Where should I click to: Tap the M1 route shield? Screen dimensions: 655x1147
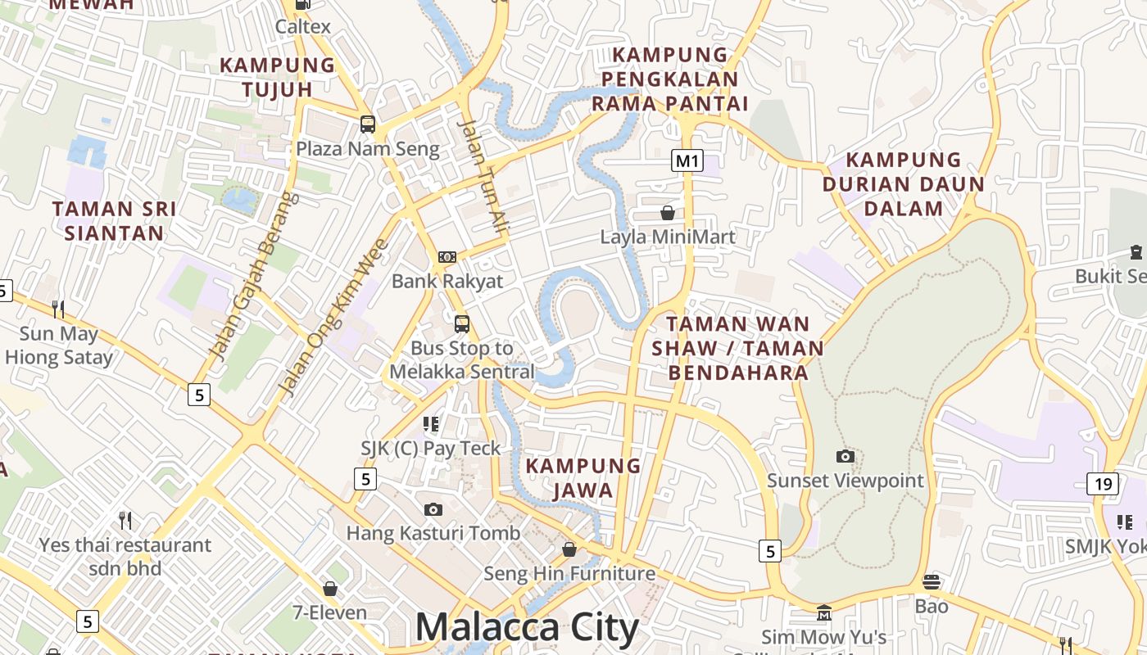(x=687, y=160)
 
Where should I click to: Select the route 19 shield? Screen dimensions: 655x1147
(x=1103, y=484)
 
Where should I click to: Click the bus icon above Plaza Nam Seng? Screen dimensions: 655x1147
(x=368, y=124)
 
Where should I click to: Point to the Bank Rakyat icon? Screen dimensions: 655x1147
(x=447, y=257)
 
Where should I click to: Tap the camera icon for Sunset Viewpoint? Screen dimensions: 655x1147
(x=845, y=456)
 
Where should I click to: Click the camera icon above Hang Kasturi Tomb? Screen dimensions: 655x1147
(x=433, y=509)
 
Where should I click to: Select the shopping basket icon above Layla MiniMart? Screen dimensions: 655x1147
(x=668, y=213)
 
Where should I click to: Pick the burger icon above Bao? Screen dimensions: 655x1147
(x=932, y=582)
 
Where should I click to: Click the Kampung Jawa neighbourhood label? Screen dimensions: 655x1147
(x=583, y=477)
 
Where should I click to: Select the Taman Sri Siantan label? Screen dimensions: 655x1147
(x=114, y=221)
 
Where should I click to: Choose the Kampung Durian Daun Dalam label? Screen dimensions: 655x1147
(x=903, y=183)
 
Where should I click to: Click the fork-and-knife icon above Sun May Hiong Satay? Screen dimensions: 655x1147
(x=58, y=309)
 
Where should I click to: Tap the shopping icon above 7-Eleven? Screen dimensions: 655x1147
(x=330, y=589)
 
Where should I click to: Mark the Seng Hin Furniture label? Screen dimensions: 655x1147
(x=569, y=573)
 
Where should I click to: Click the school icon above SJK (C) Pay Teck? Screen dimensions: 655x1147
(x=431, y=423)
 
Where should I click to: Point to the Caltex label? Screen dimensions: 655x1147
(x=303, y=26)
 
